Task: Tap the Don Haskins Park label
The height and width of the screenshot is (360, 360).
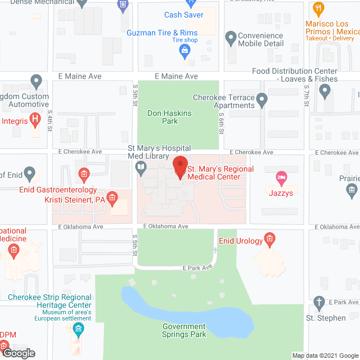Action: [x=169, y=117]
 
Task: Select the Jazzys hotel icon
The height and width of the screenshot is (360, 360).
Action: [x=281, y=179]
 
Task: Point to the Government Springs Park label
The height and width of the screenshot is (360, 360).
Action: [x=184, y=330]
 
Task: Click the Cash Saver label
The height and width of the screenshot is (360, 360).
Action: [x=183, y=15]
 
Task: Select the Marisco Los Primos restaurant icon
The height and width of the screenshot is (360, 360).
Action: [x=319, y=9]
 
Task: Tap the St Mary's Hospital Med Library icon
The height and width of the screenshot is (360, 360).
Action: [x=141, y=166]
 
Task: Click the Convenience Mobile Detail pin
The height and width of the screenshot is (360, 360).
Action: [x=230, y=38]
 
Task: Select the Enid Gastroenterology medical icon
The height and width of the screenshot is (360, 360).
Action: [x=83, y=175]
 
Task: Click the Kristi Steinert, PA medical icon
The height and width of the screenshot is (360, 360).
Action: [x=112, y=198]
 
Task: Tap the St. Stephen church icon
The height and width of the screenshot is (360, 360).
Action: [x=319, y=303]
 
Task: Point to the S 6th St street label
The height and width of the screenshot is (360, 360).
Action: [x=222, y=127]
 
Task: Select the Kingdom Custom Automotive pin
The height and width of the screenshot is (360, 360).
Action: [x=37, y=82]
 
